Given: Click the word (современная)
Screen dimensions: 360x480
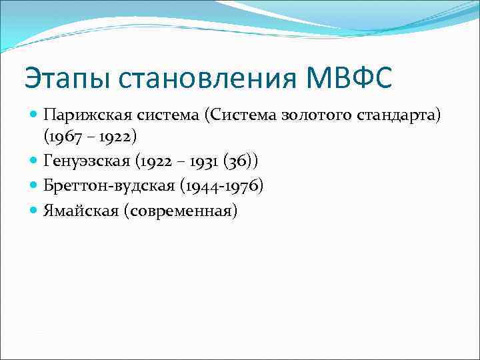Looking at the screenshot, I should [x=177, y=211].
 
